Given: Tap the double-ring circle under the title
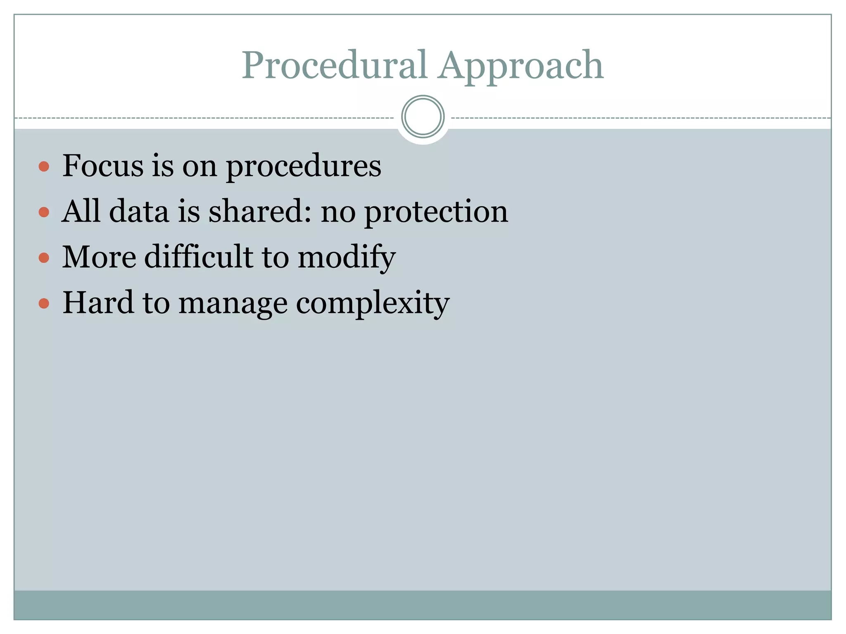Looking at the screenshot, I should (423, 117).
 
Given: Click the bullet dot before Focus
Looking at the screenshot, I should (44, 167).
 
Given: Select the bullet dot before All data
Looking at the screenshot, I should (44, 213).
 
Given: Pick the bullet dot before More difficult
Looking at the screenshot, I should (44, 258).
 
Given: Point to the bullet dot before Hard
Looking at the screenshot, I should (44, 304).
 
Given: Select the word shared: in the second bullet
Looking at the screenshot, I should (260, 211).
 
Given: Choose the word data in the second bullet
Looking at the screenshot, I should (139, 211).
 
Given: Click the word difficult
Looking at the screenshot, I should (199, 257).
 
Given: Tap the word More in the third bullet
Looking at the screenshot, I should (99, 257).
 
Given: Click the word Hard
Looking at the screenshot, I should (98, 303).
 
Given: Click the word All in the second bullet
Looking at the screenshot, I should (81, 211).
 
